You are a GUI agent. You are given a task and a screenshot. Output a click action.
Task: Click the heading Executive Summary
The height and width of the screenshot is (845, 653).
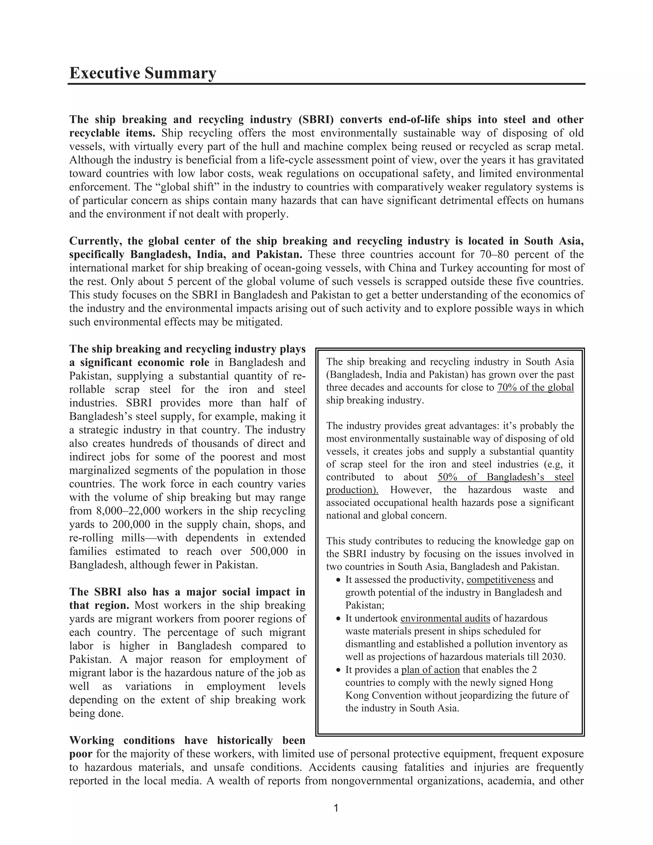coord(142,73)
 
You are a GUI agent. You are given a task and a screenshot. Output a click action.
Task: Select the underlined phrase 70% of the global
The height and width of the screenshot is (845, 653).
coord(535,387)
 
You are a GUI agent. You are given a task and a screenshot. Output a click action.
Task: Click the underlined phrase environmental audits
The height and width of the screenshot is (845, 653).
coord(445,618)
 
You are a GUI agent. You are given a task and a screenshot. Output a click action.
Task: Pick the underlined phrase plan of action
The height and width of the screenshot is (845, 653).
coord(430,670)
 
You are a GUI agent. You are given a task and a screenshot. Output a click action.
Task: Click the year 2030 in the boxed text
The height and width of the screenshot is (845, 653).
coord(553,657)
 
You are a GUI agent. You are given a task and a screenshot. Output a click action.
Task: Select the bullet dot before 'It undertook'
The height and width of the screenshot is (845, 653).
coord(339,619)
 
